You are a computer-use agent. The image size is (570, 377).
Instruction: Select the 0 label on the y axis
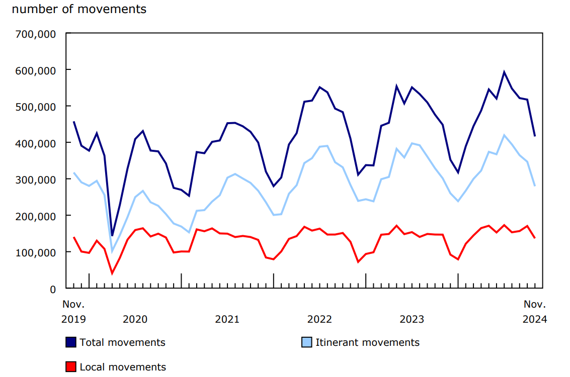52,289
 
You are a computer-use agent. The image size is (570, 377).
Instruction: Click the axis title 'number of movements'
79,9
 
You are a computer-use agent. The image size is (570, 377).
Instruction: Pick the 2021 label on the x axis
227,319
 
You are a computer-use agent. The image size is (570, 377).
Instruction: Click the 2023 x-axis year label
412,319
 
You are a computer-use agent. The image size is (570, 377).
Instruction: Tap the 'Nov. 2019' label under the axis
73,312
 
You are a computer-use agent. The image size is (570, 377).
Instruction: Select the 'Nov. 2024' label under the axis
535,312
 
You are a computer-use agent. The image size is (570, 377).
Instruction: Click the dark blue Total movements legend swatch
71,342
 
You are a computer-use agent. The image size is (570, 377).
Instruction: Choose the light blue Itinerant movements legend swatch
306,342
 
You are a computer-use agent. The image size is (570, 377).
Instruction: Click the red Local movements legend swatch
71,367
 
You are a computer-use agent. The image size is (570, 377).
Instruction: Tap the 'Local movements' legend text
123,367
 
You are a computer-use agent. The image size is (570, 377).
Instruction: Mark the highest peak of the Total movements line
504,72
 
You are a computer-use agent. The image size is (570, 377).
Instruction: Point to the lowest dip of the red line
112,273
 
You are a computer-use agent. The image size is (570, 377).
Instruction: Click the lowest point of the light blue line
112,251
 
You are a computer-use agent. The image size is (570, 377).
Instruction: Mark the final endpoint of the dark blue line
535,136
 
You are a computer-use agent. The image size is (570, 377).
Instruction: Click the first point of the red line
73,237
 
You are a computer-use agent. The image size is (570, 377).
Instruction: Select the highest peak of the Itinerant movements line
504,135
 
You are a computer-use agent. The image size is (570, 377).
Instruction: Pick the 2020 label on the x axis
135,319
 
